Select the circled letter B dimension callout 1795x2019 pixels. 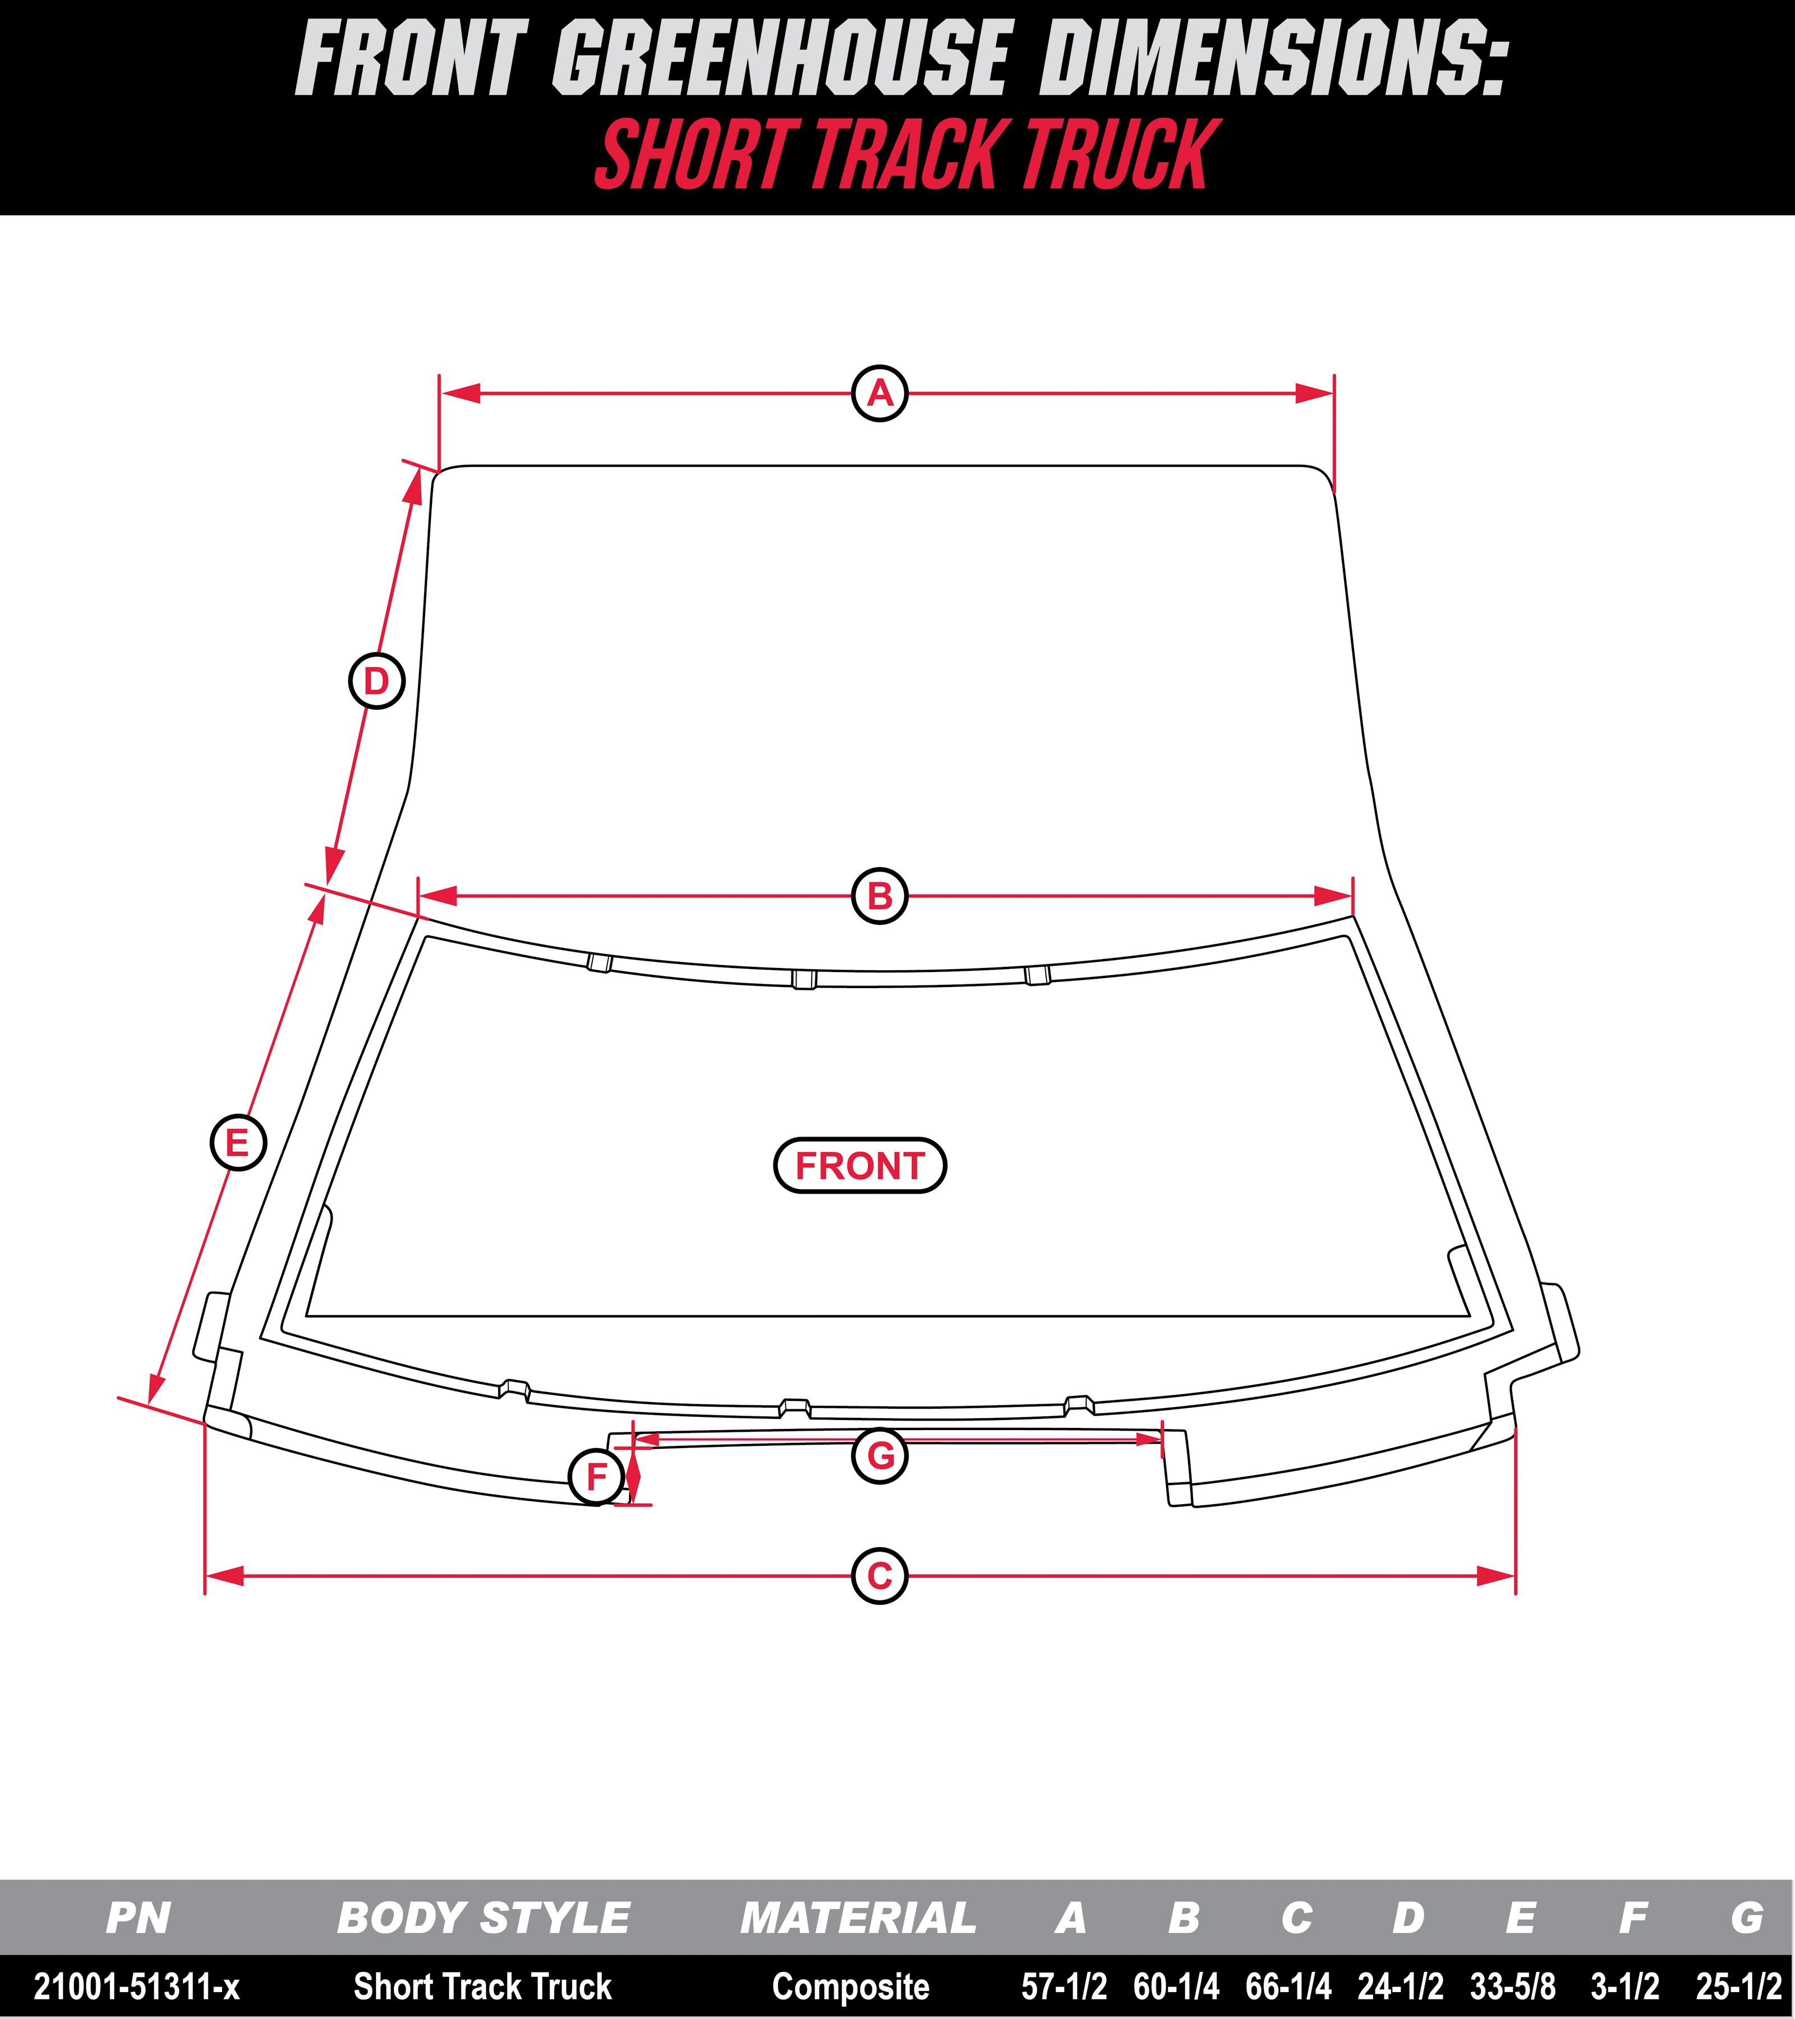pos(879,896)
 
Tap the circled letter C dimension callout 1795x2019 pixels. pos(879,1575)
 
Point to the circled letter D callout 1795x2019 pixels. pos(376,681)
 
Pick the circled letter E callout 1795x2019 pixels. pos(238,1143)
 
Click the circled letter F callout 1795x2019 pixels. pos(597,1477)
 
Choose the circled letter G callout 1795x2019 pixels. pos(879,1455)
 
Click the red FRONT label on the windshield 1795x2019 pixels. pos(859,1165)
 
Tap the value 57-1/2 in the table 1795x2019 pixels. pos(1064,1985)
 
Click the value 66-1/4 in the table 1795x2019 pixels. pos(1288,1985)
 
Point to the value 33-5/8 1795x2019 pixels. pos(1512,1985)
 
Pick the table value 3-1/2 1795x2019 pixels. pos(1625,1985)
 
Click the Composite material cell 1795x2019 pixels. pos(850,1985)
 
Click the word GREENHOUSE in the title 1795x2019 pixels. pos(780,59)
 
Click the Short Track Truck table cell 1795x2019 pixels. pos(483,1985)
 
